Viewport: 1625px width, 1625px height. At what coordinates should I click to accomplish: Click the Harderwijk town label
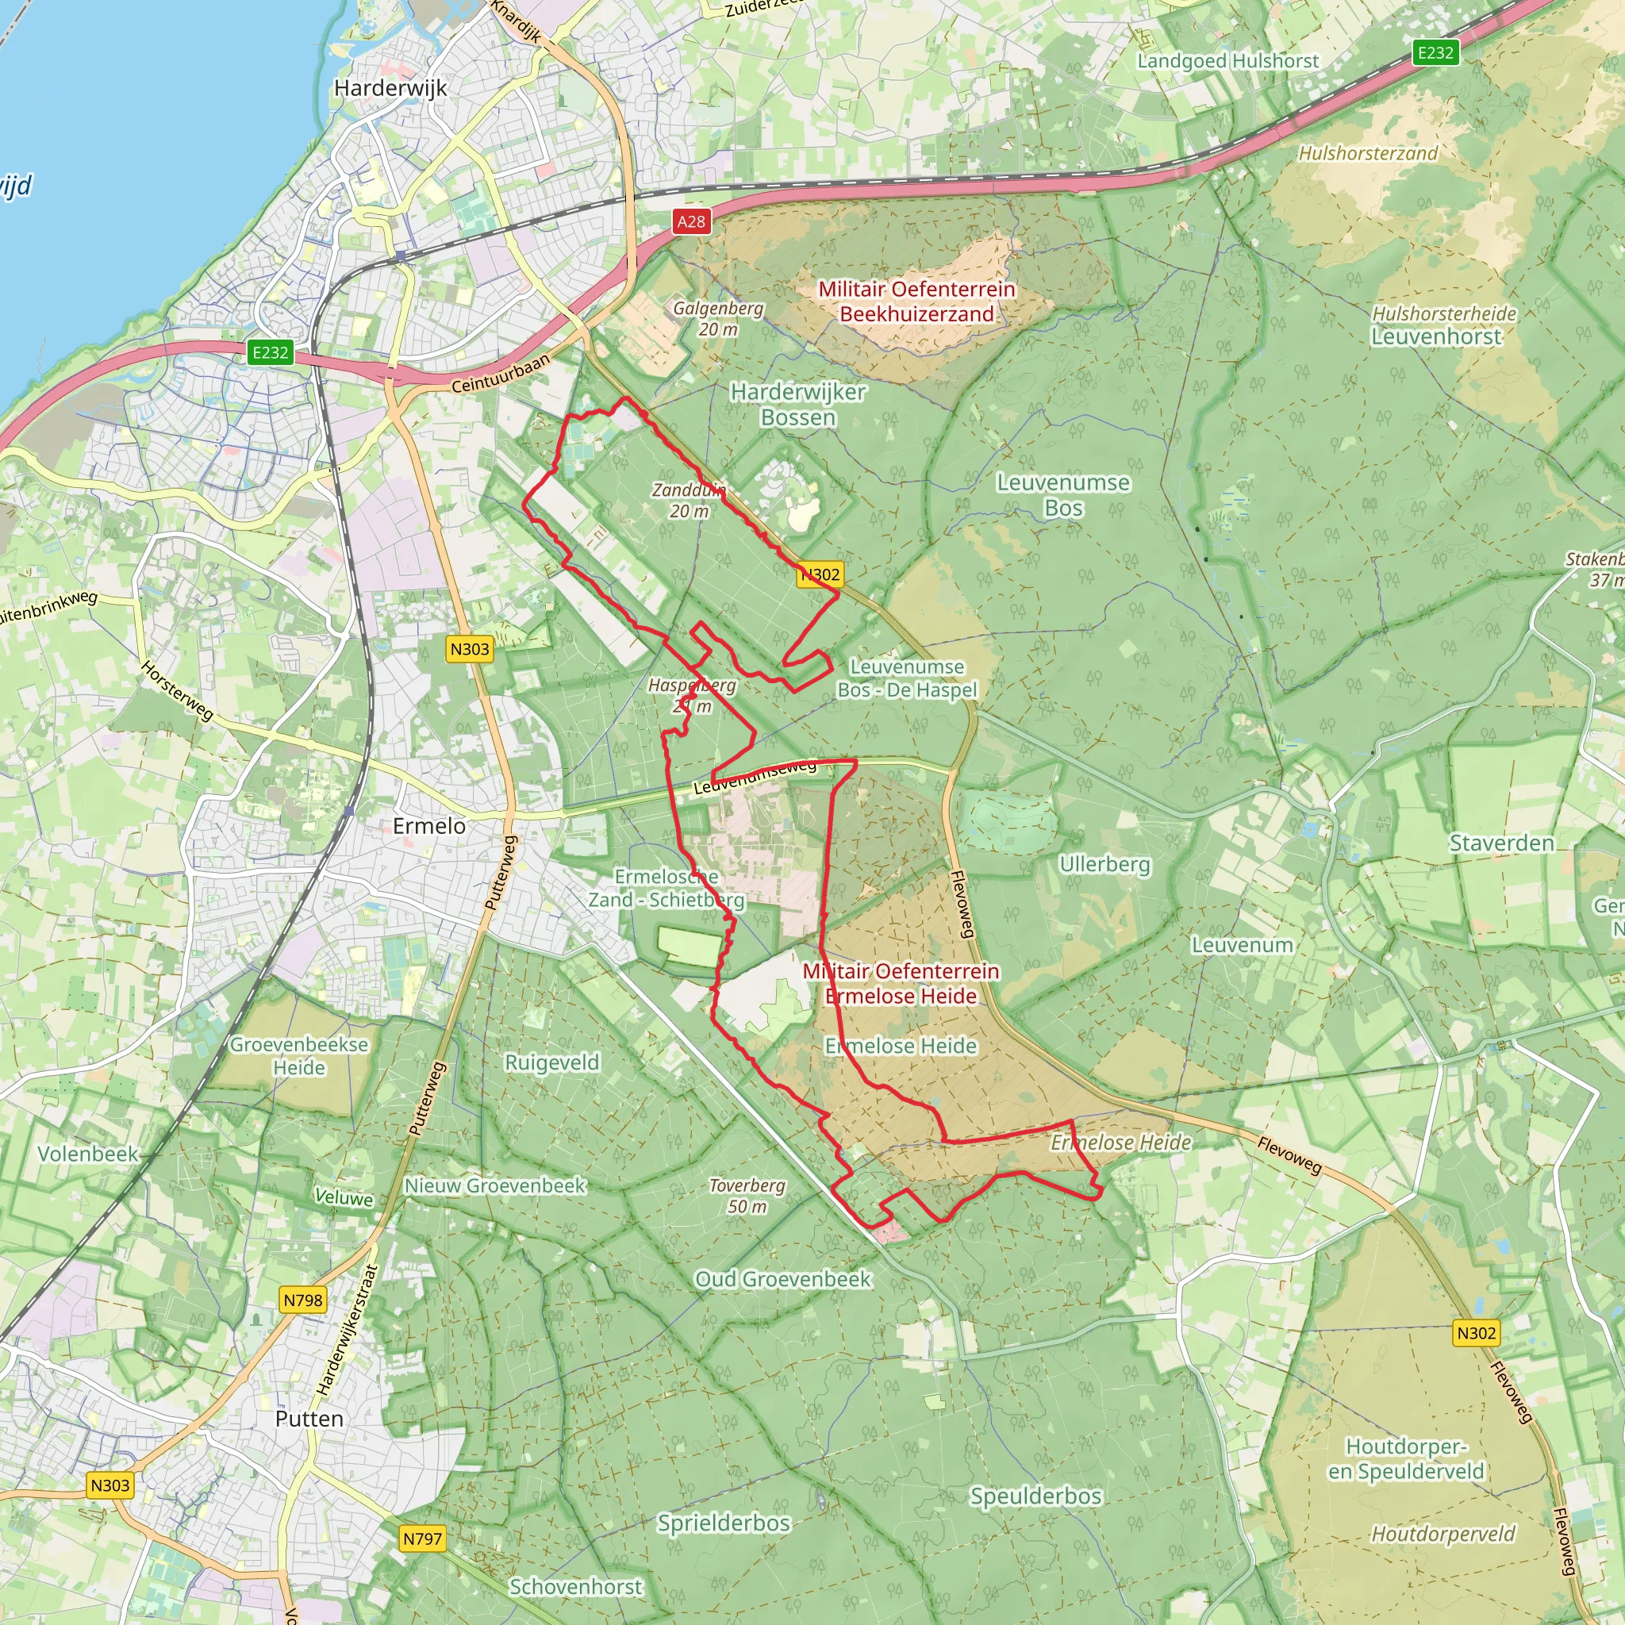(x=390, y=88)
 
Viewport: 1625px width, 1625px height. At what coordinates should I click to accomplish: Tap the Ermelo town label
(x=429, y=826)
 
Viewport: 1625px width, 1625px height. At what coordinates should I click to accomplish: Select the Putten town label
(x=309, y=1419)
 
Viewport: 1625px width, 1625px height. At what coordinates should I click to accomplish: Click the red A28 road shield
(x=691, y=221)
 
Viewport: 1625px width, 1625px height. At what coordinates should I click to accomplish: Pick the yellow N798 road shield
(x=303, y=1300)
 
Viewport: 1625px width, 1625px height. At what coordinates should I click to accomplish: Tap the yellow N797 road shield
(x=422, y=1539)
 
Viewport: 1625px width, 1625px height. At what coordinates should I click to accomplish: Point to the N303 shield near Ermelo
(x=470, y=648)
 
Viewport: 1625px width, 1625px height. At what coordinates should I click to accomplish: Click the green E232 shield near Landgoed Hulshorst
(x=1435, y=53)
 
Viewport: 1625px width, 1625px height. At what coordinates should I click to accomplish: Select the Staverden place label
(x=1501, y=843)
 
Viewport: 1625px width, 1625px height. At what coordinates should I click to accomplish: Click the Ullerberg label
(x=1104, y=864)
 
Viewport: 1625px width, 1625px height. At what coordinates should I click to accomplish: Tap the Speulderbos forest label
(x=1035, y=1496)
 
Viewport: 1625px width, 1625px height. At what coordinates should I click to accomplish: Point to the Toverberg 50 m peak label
(x=747, y=1196)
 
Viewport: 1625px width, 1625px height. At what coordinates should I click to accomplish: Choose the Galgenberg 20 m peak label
(x=717, y=319)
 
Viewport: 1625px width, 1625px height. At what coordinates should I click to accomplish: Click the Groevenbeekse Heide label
(x=299, y=1055)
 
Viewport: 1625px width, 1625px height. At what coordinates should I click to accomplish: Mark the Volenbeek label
(x=87, y=1153)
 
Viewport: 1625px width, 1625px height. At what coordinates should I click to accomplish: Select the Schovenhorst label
(x=575, y=1586)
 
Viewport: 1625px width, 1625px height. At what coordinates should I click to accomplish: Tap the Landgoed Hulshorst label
(x=1228, y=61)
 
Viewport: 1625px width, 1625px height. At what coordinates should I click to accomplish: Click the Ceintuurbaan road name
(x=501, y=374)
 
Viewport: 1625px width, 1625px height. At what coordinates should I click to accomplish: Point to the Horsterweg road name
(x=178, y=690)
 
